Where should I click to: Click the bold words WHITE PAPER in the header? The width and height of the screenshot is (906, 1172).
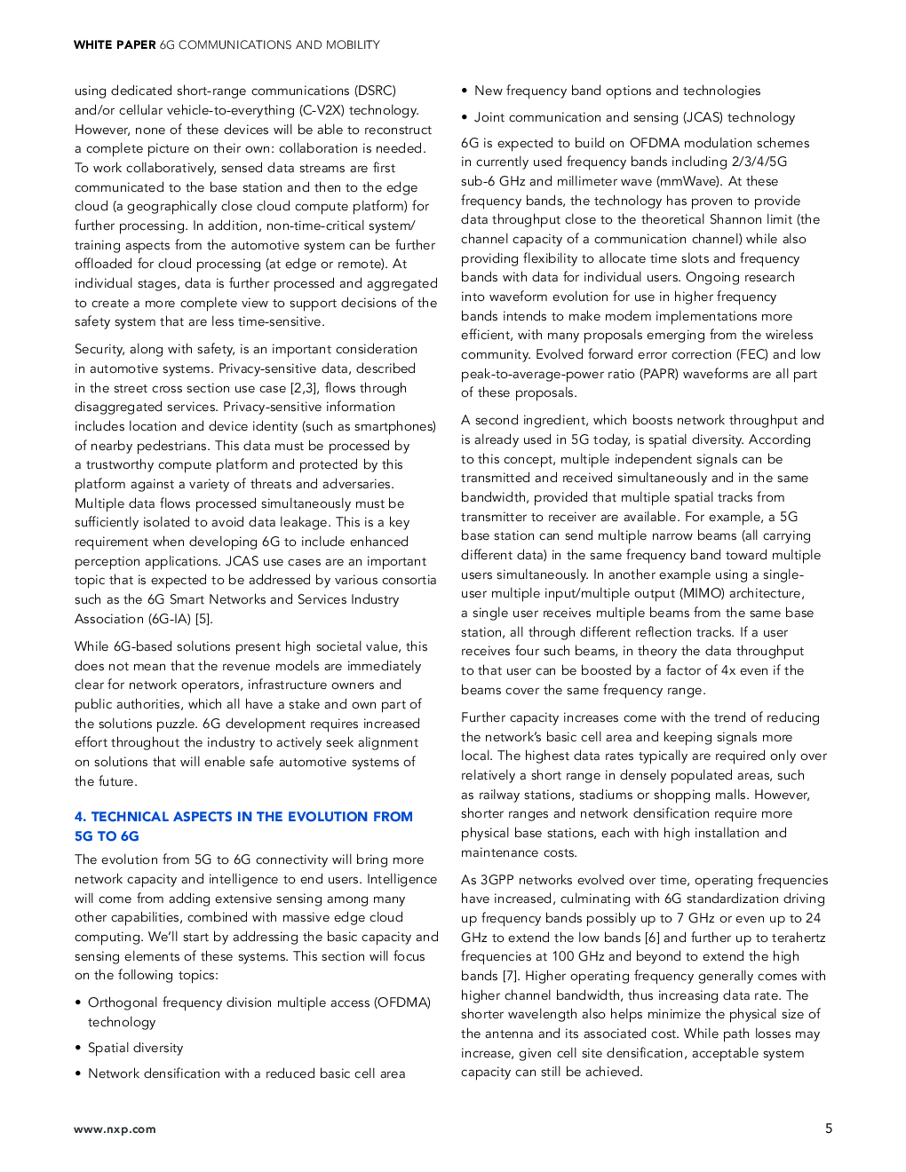(115, 44)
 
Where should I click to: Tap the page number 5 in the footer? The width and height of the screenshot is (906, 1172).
(829, 1128)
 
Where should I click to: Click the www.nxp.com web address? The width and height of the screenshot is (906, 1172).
(115, 1129)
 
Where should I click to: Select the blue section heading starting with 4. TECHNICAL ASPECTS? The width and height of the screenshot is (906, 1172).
(243, 826)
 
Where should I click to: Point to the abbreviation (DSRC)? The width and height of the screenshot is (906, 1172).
(375, 91)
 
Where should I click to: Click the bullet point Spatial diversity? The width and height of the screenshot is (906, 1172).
(135, 1048)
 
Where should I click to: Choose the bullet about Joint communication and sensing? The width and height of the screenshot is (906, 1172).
(634, 117)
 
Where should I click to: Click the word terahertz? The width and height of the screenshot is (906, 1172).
(798, 938)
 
